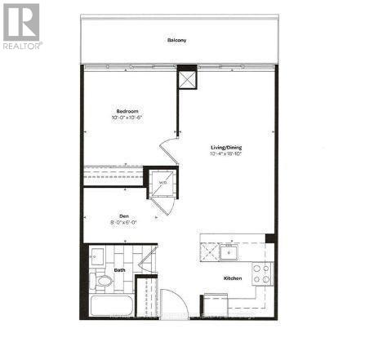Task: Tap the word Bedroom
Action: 127,110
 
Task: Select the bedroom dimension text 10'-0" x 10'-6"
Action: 127,118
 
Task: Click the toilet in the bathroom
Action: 104,282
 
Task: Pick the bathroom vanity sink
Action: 96,256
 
